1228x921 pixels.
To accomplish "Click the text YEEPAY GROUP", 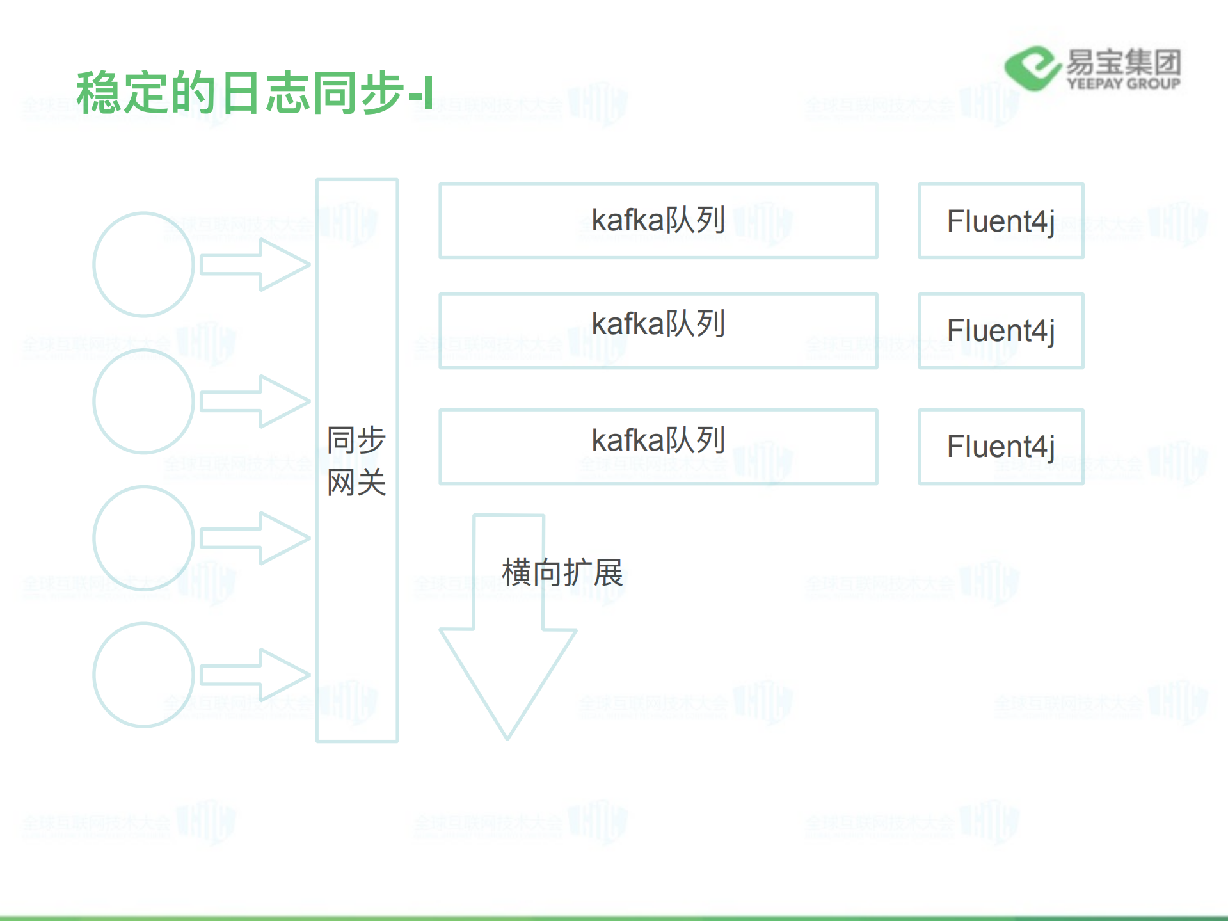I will pyautogui.click(x=1123, y=84).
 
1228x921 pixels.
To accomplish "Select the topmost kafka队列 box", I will pyautogui.click(x=658, y=221).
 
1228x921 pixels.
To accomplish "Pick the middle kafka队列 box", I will pyautogui.click(x=658, y=330).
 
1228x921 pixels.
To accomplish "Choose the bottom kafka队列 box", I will pyautogui.click(x=658, y=446).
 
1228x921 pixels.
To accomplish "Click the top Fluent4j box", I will pyautogui.click(x=1001, y=221).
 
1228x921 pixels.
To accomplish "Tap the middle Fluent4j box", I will pyautogui.click(x=1001, y=330).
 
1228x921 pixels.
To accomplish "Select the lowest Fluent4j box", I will pyautogui.click(x=1001, y=446).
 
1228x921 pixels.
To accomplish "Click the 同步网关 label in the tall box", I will pyautogui.click(x=356, y=461).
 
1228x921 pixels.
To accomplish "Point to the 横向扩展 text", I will pyautogui.click(x=562, y=572).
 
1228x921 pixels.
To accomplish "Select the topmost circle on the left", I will pyautogui.click(x=143, y=264).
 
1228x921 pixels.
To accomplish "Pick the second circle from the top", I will pyautogui.click(x=143, y=401).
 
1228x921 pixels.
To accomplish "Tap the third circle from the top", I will pyautogui.click(x=143, y=538).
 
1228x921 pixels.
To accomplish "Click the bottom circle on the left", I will pyautogui.click(x=143, y=675).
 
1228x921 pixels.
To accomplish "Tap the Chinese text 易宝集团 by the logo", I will pyautogui.click(x=1123, y=62).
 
